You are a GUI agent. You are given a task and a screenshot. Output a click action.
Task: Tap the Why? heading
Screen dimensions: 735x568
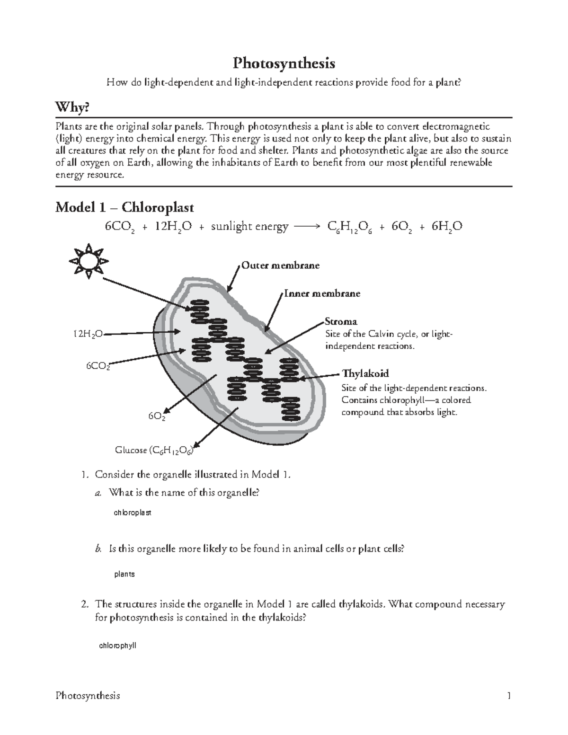pyautogui.click(x=72, y=108)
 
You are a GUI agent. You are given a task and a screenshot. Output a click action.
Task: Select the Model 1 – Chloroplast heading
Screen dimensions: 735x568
pyautogui.click(x=124, y=207)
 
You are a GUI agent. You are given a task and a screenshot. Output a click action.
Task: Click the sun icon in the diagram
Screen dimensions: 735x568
pyautogui.click(x=89, y=260)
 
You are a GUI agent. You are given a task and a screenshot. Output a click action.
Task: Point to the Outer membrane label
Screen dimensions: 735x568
pyautogui.click(x=280, y=266)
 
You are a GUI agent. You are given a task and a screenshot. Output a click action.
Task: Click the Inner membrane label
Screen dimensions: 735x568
pyautogui.click(x=322, y=293)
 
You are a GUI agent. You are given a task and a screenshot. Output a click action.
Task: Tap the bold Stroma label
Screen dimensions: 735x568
pyautogui.click(x=341, y=322)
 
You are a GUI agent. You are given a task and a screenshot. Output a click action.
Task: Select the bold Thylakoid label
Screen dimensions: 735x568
pyautogui.click(x=365, y=374)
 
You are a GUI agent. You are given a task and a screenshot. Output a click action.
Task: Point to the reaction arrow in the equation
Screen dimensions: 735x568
pyautogui.click(x=307, y=227)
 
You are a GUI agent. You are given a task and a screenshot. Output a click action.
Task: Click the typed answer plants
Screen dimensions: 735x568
pyautogui.click(x=124, y=574)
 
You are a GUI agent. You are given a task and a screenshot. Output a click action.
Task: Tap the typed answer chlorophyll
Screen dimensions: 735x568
pyautogui.click(x=117, y=645)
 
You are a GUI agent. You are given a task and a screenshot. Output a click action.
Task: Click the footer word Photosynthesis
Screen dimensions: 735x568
pyautogui.click(x=88, y=696)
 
